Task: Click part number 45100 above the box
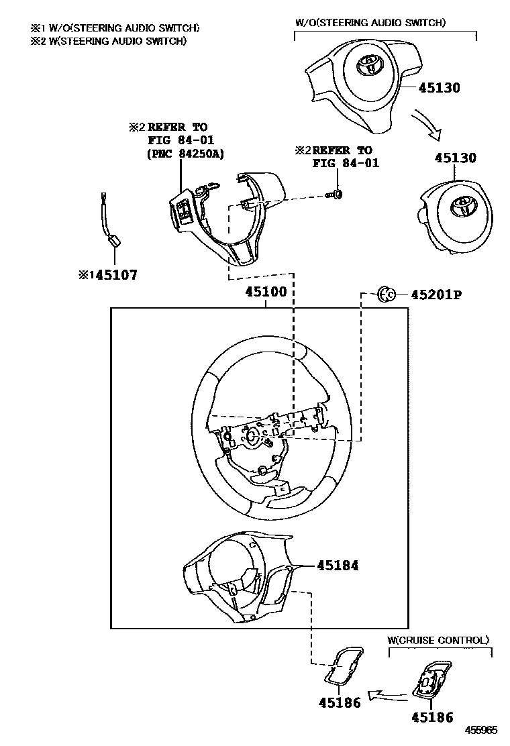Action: pos(266,292)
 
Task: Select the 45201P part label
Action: pos(436,294)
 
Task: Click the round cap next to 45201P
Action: pos(387,294)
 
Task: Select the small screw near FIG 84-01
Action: pos(336,195)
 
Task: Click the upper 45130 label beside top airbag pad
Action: pos(440,87)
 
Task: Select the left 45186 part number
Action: pos(339,702)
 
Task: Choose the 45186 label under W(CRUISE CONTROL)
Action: pos(431,717)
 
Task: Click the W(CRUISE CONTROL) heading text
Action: pos(439,640)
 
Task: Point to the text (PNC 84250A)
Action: pos(185,154)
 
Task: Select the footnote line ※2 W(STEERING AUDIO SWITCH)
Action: pos(107,41)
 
